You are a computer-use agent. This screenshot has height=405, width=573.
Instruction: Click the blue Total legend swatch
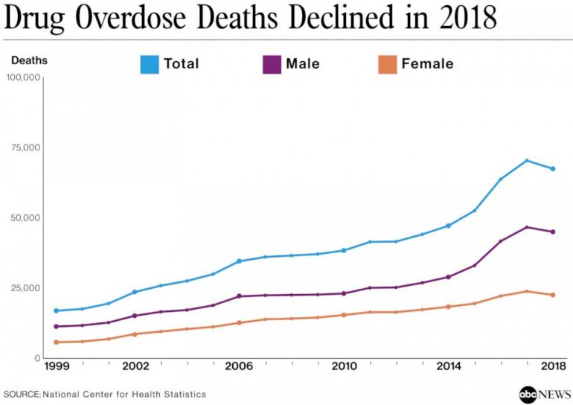(150, 64)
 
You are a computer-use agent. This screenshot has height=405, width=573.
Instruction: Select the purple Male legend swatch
(272, 64)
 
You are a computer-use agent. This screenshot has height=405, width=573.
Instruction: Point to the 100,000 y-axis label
(23, 77)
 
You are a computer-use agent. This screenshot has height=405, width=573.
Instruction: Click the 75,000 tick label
(26, 147)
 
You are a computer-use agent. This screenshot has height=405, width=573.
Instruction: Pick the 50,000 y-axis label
(26, 218)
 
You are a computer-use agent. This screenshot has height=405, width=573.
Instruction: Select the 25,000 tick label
(26, 288)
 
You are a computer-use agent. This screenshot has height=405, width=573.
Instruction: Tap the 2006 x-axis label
(240, 367)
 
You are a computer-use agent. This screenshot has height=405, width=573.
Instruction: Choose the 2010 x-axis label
(344, 367)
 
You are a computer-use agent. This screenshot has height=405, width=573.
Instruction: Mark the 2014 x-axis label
(448, 367)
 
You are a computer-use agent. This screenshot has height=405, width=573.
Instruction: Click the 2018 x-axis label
(552, 367)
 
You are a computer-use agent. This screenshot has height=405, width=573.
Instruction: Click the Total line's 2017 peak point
(526, 161)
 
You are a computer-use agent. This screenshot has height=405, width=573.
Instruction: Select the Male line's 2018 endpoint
(553, 232)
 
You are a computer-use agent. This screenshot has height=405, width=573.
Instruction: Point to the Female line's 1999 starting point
(56, 342)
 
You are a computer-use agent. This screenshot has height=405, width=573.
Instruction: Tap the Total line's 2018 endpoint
(553, 168)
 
